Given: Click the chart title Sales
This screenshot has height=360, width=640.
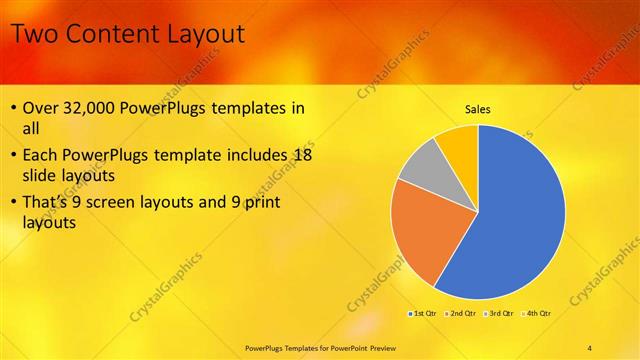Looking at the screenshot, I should (x=478, y=109).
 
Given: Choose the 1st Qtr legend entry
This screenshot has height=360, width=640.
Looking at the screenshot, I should (x=423, y=314).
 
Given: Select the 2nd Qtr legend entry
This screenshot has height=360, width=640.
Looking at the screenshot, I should (x=461, y=314).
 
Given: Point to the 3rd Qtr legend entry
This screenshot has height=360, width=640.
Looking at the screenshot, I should (x=499, y=314).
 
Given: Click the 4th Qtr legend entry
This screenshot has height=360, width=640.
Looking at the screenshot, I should (x=536, y=314).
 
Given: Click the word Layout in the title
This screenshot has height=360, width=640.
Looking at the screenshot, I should (x=199, y=35).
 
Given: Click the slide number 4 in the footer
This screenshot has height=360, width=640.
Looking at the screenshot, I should (x=590, y=347).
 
